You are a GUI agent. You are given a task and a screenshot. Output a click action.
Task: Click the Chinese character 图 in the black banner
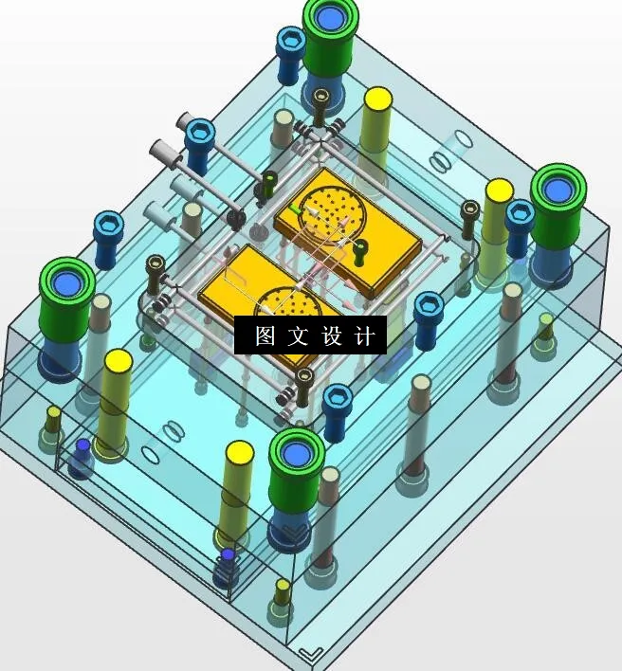pyautogui.click(x=265, y=335)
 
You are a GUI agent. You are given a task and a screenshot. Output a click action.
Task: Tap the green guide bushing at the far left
pyautogui.click(x=67, y=283)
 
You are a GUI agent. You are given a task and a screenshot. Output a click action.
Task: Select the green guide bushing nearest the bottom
pyautogui.click(x=298, y=454)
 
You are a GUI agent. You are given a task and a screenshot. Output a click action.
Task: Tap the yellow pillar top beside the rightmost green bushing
pyautogui.click(x=499, y=190)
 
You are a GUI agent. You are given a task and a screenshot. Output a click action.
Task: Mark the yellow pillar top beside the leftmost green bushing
pyautogui.click(x=118, y=361)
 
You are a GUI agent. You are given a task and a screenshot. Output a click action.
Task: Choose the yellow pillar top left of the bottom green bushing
pyautogui.click(x=240, y=453)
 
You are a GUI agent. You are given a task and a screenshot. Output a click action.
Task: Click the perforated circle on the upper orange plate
pyautogui.click(x=332, y=209)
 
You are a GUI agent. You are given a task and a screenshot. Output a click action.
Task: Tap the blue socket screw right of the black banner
pyautogui.click(x=429, y=305)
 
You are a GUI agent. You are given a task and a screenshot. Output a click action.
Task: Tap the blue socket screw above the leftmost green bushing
pyautogui.click(x=107, y=227)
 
